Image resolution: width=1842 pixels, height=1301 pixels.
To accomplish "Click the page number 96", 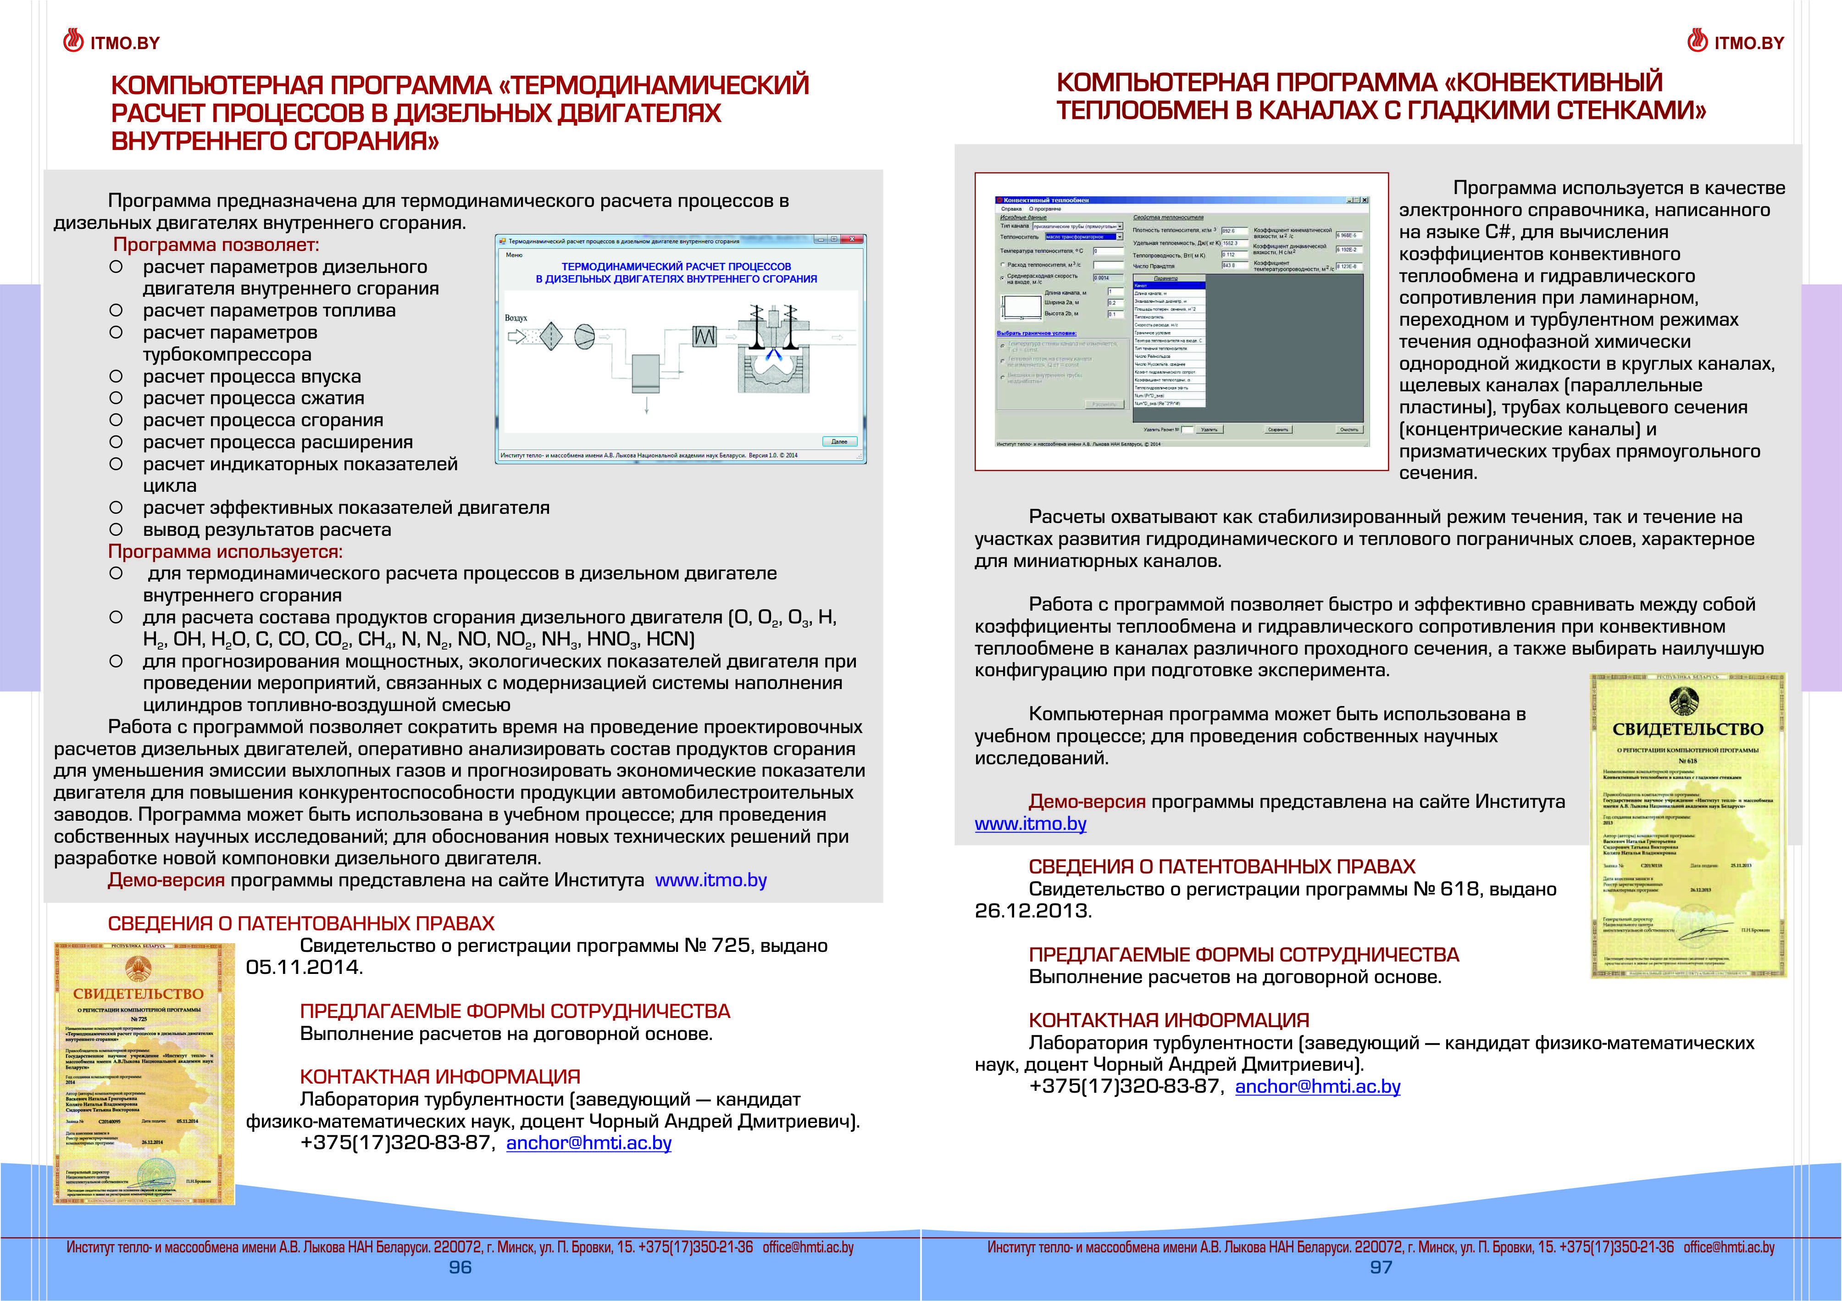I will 460,1268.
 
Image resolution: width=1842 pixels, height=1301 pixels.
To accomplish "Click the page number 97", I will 1381,1268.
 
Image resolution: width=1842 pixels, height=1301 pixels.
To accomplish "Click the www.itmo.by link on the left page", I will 711,880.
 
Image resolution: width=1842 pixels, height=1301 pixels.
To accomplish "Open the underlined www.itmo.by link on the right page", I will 1030,824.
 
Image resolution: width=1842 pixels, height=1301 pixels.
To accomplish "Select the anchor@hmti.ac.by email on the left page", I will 589,1143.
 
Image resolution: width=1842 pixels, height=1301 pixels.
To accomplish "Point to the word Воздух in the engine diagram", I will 516,318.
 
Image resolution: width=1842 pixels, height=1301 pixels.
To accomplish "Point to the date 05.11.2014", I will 303,967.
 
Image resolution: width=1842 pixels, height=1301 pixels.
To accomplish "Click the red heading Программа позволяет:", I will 216,245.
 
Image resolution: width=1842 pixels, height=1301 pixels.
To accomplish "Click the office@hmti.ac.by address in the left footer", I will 808,1247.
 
